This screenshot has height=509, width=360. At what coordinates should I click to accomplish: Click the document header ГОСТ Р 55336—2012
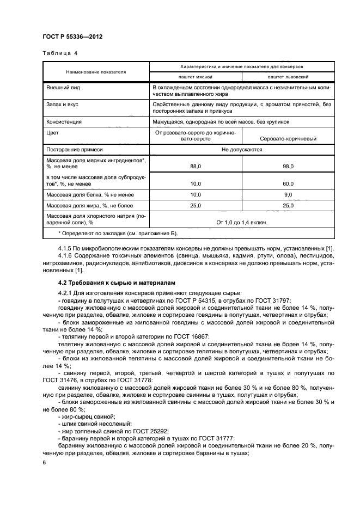click(72, 36)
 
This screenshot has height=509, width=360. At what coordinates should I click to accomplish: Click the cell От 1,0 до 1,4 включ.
click(242, 222)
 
